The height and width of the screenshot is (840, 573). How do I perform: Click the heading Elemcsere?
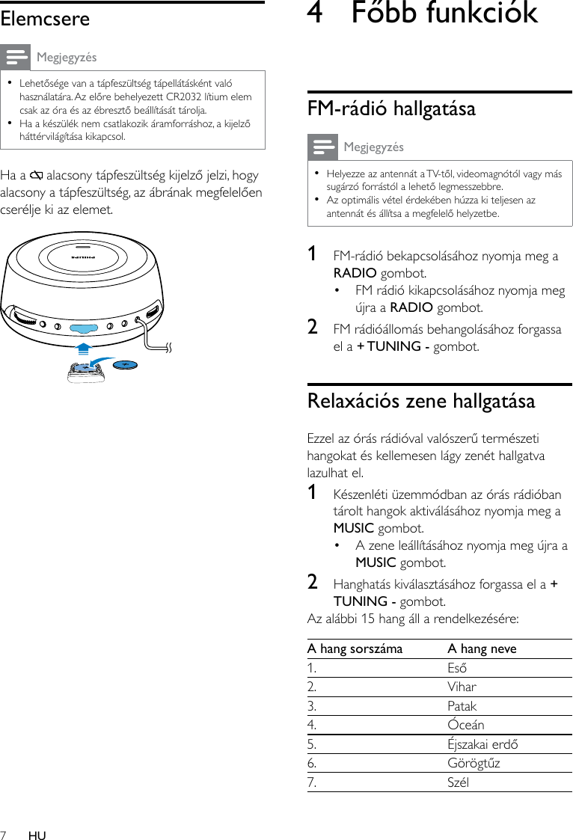(45, 19)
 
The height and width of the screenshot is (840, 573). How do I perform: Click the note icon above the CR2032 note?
(15, 57)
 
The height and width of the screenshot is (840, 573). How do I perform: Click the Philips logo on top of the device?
(82, 256)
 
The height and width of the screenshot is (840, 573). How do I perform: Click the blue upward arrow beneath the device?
(83, 348)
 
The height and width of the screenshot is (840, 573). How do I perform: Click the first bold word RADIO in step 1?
(355, 273)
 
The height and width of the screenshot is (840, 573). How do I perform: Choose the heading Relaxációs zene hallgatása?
(421, 401)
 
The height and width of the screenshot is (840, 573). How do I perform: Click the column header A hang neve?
(482, 649)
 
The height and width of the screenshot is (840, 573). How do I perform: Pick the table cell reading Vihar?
(462, 687)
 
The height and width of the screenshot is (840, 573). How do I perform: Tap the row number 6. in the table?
(312, 764)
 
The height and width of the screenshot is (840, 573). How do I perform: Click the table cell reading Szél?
(458, 782)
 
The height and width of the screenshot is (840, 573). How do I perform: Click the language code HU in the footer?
(37, 836)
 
